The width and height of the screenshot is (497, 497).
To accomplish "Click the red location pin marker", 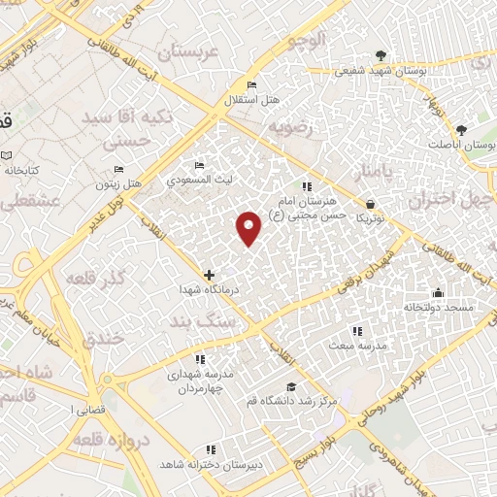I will click(x=249, y=226).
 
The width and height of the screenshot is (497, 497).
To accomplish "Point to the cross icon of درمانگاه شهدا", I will click(x=209, y=276).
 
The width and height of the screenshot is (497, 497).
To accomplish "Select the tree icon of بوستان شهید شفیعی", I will click(x=381, y=55).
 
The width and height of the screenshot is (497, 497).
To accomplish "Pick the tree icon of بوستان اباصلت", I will click(x=461, y=130).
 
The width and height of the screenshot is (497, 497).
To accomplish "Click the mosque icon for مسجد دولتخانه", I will click(x=439, y=292).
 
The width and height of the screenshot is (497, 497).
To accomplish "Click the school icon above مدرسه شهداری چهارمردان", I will click(x=201, y=358).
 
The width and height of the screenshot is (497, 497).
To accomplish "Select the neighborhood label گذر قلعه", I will click(x=95, y=279).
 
